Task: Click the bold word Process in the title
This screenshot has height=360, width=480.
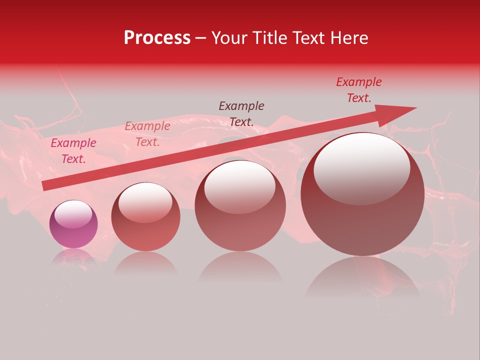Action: coord(157,38)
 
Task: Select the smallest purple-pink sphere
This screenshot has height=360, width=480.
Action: coord(73,224)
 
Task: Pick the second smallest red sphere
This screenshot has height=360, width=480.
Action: coord(145,216)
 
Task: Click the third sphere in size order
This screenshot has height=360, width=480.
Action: coord(240,205)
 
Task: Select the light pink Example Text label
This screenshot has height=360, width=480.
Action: coord(147,134)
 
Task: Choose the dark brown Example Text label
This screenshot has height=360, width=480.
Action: coord(241,113)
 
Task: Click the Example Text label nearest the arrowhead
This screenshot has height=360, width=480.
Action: coord(359,90)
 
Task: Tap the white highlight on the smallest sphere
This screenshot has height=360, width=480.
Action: coord(73,214)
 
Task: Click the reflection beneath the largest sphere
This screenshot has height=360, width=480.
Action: coord(362,277)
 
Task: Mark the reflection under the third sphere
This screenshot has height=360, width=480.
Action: coord(240,267)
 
